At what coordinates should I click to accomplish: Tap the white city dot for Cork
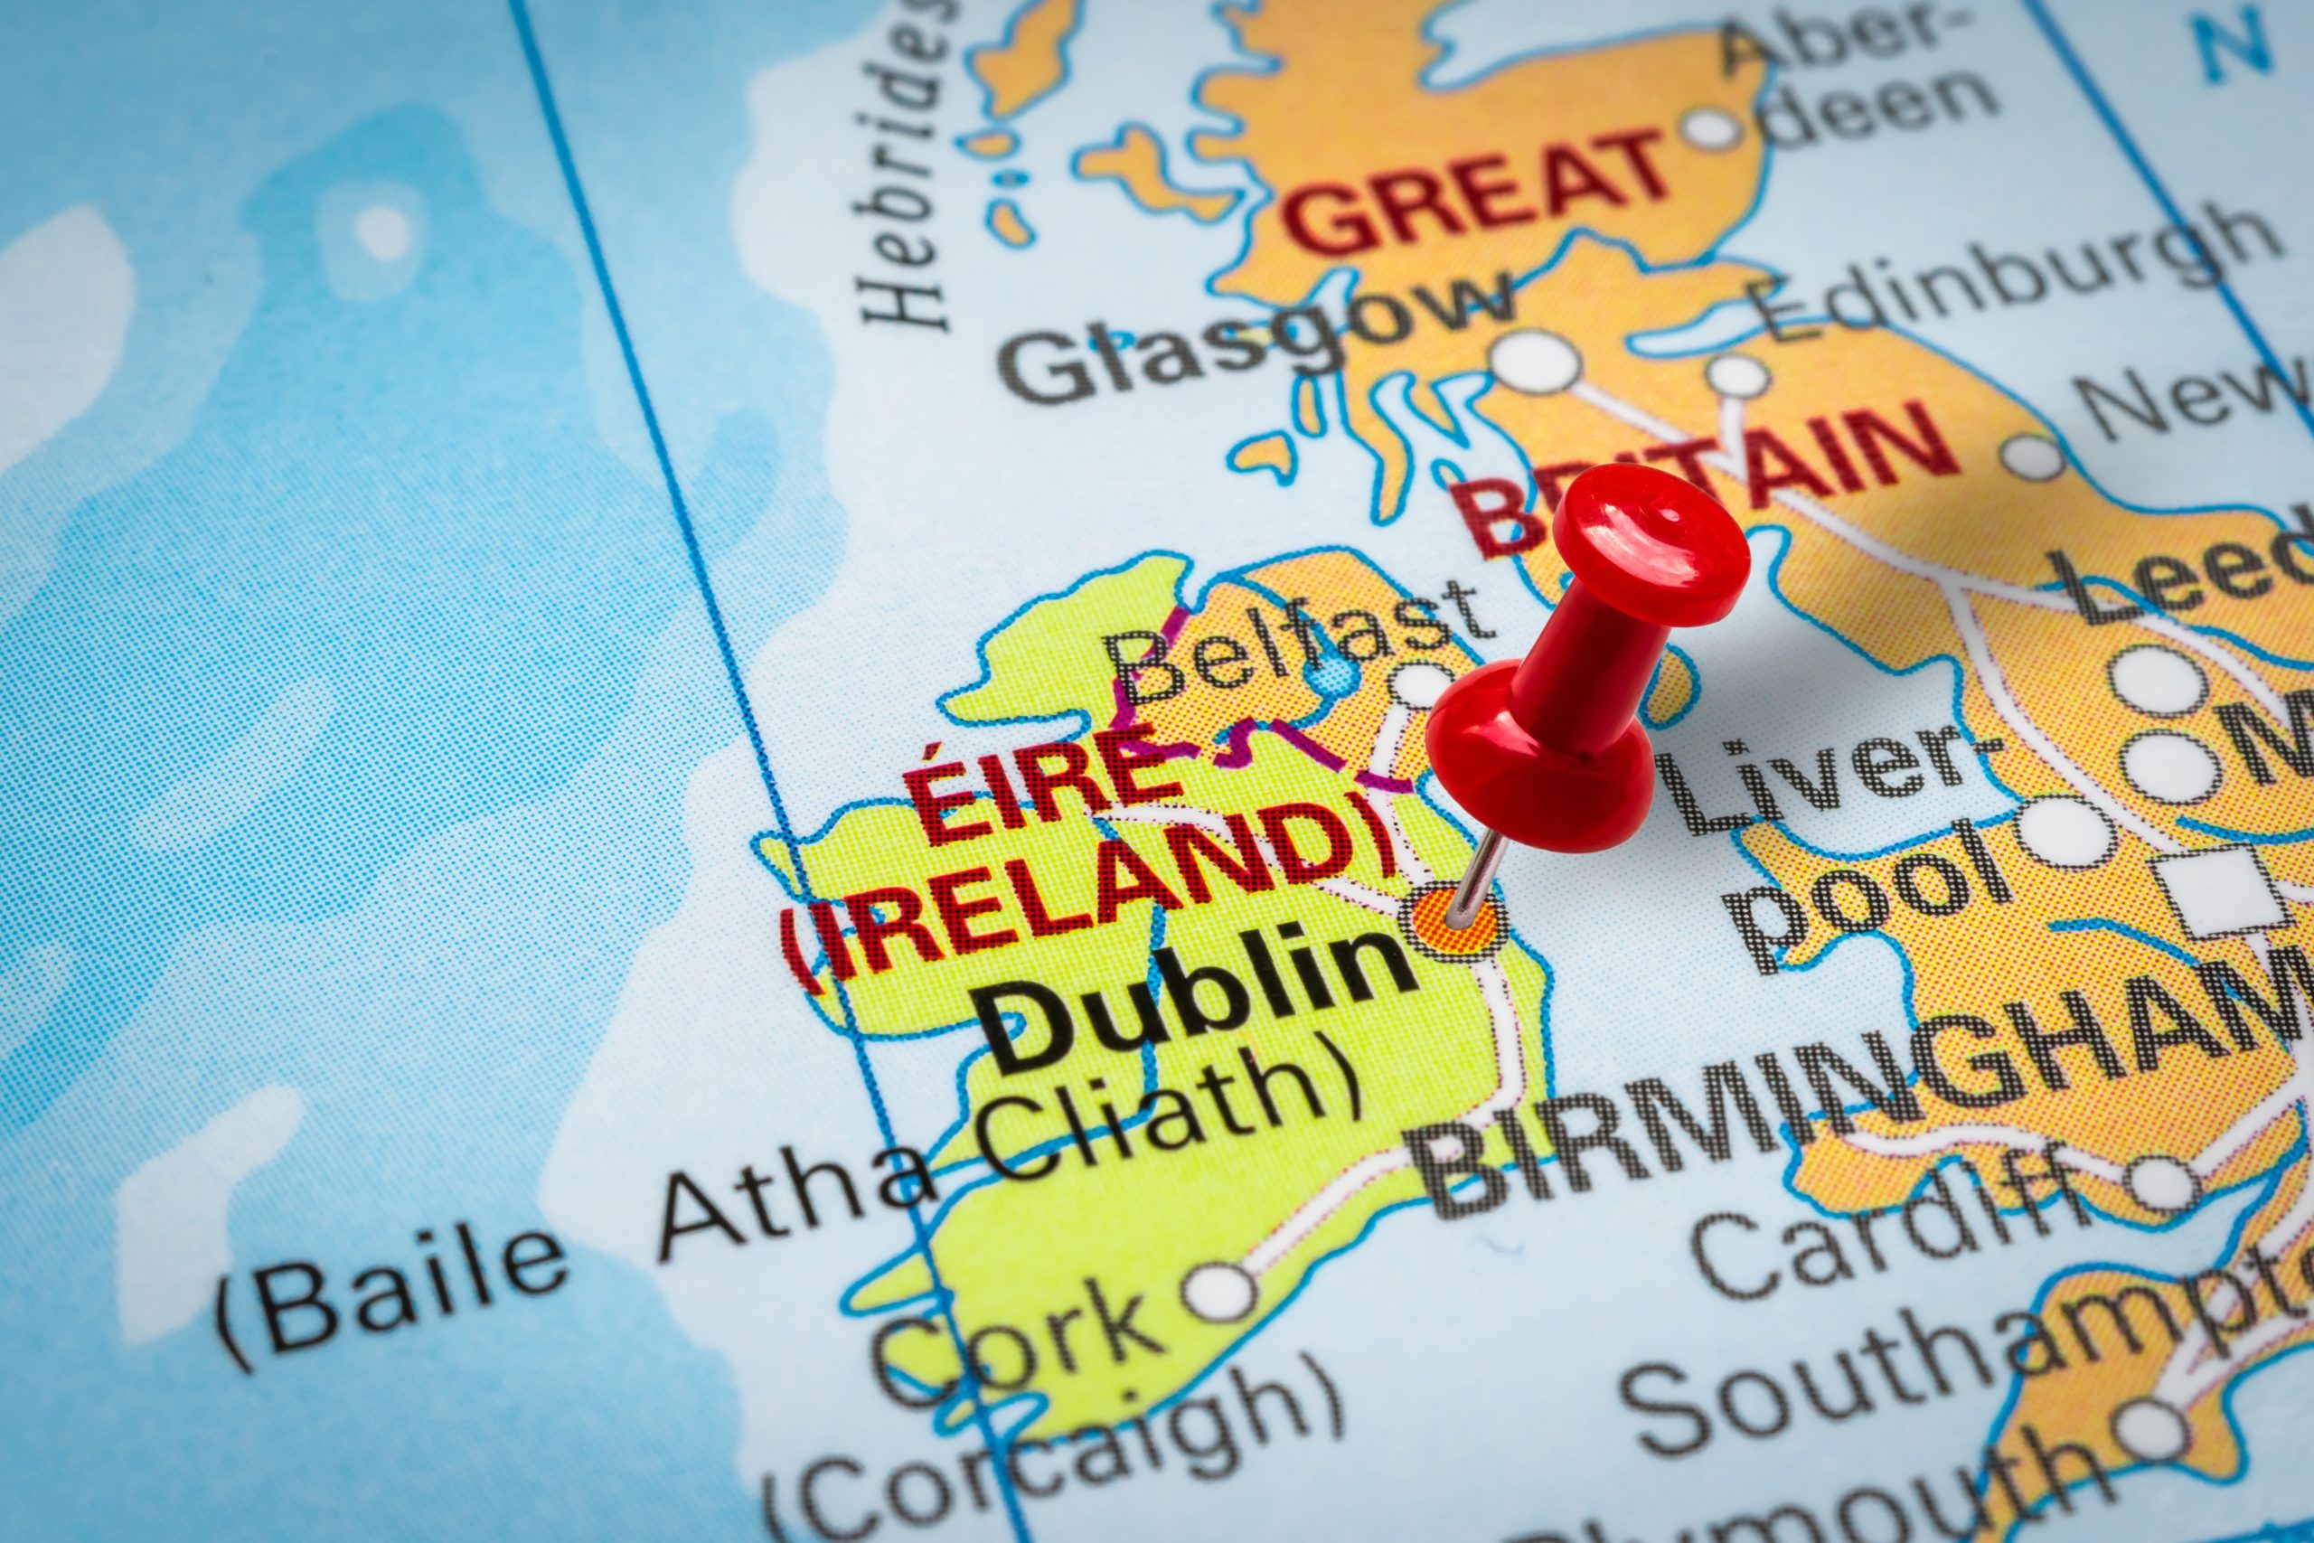(1220, 1290)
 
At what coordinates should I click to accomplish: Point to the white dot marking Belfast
(1421, 683)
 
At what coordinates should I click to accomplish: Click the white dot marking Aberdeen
(1712, 129)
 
